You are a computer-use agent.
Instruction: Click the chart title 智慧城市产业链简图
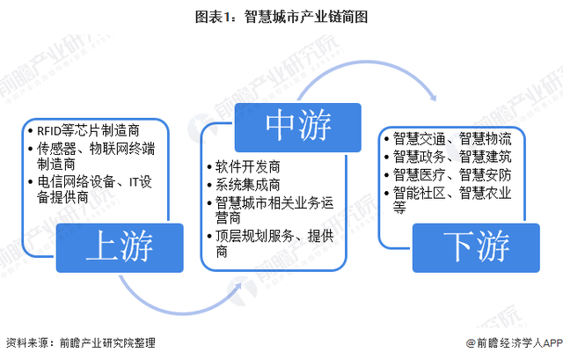pos(306,17)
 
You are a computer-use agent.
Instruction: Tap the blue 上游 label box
pos(120,247)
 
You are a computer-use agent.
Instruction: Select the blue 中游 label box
pos(297,127)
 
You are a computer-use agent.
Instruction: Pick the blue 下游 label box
pos(476,247)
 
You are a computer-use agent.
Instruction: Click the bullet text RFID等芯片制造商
pos(88,131)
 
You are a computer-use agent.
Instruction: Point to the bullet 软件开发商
pos(248,167)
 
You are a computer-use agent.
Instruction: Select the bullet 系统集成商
pos(248,185)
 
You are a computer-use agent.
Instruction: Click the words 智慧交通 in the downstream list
pos(419,139)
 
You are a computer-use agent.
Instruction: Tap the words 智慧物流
pos(485,139)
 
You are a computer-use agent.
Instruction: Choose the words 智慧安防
pos(485,175)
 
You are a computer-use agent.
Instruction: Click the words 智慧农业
pos(485,194)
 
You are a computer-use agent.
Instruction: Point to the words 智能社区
pos(419,194)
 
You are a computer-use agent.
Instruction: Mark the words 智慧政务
pos(419,157)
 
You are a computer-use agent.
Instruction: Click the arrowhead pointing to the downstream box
pos(433,97)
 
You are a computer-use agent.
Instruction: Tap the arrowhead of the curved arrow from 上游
pos(238,287)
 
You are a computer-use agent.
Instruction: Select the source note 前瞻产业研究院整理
pos(107,342)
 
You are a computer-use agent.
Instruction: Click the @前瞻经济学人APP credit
pos(514,343)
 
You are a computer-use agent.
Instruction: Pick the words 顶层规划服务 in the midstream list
pos(255,237)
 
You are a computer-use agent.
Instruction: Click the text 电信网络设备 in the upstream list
pos(77,182)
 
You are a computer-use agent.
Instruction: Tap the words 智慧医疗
pos(419,175)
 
